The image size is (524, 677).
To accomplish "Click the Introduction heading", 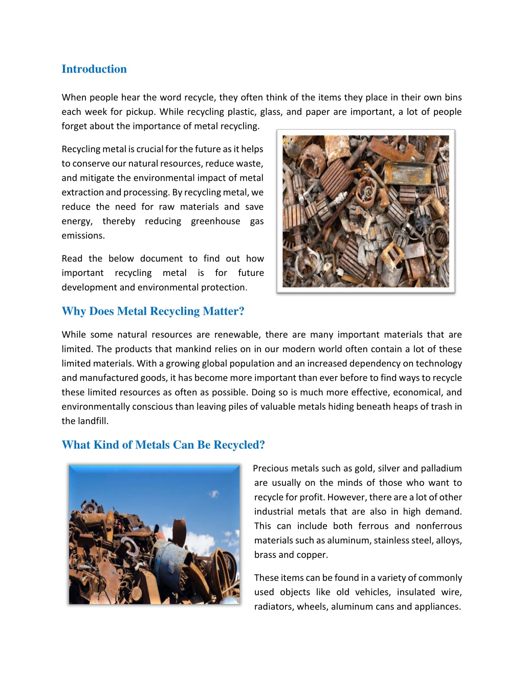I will pos(94,69).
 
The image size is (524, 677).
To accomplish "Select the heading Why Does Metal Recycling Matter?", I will pos(153,311).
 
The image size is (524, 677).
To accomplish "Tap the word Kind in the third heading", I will pos(104,445).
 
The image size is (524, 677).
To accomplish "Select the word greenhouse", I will pos(215,221).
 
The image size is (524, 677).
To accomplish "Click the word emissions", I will pos(83,236).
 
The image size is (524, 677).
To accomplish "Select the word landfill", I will pos(93,421).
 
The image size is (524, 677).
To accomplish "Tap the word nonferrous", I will pos(439,526).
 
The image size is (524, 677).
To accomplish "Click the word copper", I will pos(312,555).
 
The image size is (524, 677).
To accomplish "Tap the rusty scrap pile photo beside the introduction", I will pos(365,211).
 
